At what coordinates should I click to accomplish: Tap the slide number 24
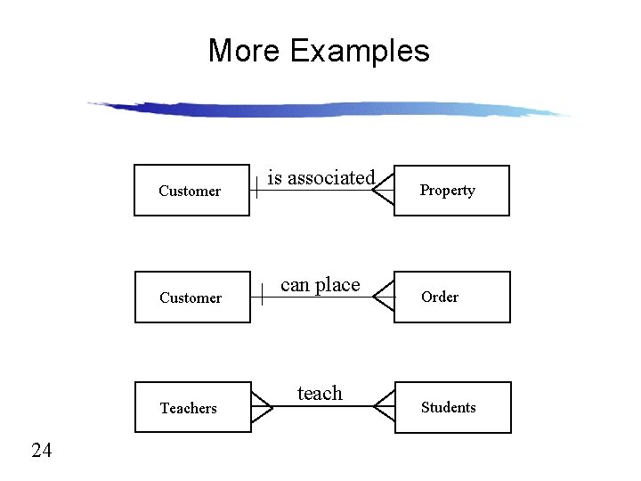(42, 451)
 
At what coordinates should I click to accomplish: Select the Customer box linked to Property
(191, 190)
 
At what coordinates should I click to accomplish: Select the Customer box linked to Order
(191, 297)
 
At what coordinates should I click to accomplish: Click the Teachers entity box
(192, 407)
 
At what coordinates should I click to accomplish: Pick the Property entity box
(451, 190)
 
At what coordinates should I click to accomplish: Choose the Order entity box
(452, 297)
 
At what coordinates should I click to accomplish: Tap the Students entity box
(452, 407)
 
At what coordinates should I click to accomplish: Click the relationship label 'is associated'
(321, 177)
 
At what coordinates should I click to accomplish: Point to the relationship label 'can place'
(320, 285)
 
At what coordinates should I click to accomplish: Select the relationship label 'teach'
(320, 393)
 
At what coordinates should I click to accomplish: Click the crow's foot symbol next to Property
(384, 191)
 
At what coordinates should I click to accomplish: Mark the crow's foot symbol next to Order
(384, 298)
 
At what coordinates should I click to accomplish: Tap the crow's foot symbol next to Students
(384, 406)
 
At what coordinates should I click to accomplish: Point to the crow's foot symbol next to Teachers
(262, 406)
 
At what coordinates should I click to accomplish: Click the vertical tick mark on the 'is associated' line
(257, 184)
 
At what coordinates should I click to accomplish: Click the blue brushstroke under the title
(329, 110)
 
